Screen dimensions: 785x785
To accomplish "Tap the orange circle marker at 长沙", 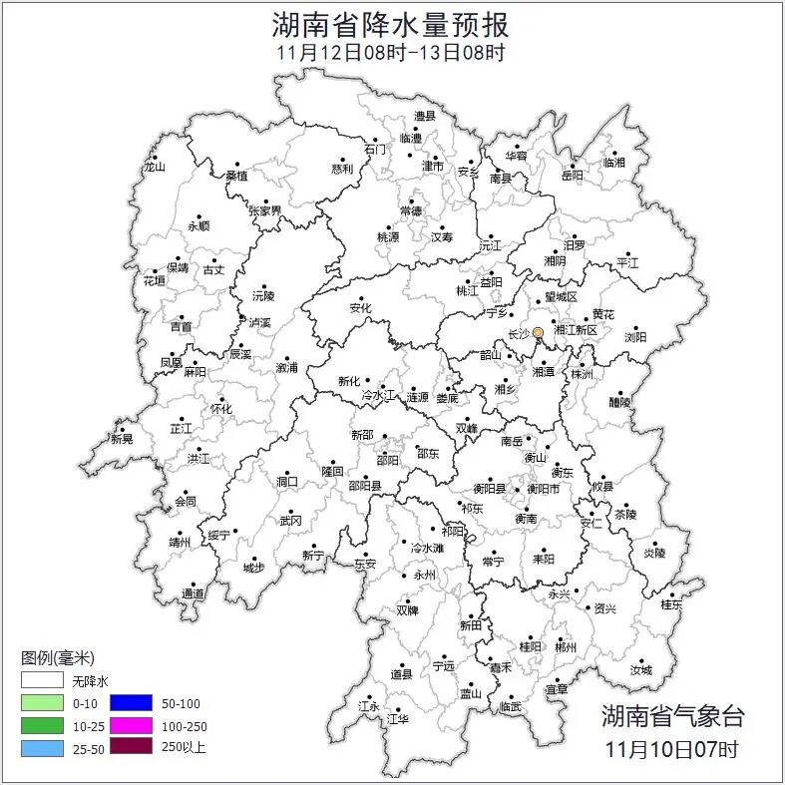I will (538, 331).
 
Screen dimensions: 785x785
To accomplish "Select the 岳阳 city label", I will (573, 176).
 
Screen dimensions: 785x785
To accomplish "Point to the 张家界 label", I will (265, 210).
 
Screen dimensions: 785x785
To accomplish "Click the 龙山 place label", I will (154, 168).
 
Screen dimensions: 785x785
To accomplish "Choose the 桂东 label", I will (671, 603).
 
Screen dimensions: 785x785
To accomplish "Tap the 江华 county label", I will (398, 718).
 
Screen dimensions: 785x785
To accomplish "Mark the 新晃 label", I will (123, 439).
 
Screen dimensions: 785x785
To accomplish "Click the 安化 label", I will (360, 308).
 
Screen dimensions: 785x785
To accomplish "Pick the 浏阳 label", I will (635, 337).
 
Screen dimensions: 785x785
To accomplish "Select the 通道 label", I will (193, 593).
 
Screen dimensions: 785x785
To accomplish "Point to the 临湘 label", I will (614, 162).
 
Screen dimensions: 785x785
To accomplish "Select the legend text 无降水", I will (91, 681).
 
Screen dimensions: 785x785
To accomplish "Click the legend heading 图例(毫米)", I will (57, 658).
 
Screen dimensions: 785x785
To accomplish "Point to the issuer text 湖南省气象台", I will (671, 715).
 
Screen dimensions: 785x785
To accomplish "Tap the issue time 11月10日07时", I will (671, 747).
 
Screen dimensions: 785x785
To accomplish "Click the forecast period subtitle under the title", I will (391, 53).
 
